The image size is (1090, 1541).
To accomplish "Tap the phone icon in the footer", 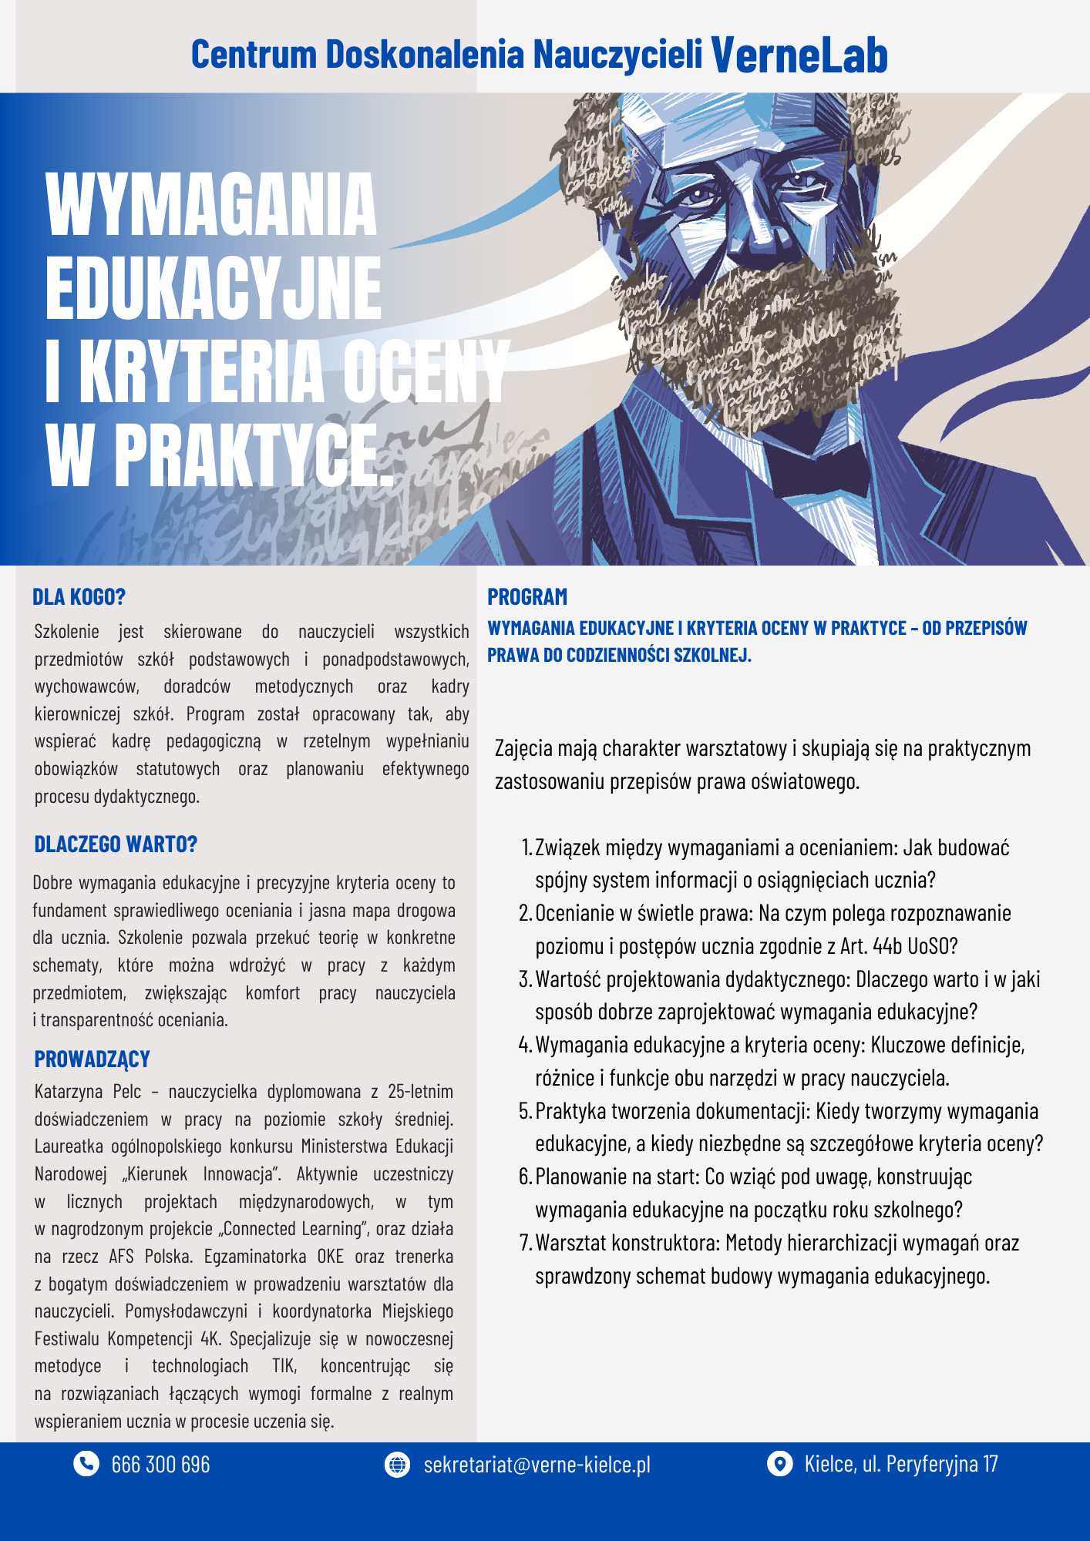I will pos(86,1463).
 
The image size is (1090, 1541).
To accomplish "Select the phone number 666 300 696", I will pos(160,1464).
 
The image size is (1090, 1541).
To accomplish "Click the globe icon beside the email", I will pos(397,1464).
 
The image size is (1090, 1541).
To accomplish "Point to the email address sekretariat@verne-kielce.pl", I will pos(537,1464).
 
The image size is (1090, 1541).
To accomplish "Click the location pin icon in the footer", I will pos(779,1463).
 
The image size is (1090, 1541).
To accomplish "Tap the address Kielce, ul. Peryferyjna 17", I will pos(901,1463).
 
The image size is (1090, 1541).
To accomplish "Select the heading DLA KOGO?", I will pos(79,597).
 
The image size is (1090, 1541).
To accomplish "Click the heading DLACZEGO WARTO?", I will pos(116,844).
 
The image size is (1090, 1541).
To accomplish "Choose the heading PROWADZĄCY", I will pos(92,1059).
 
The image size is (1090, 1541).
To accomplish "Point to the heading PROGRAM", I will pos(527,597).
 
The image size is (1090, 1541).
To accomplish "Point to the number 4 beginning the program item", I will pos(524,1046).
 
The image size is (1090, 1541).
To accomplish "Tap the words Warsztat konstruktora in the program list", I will pos(627,1244).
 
